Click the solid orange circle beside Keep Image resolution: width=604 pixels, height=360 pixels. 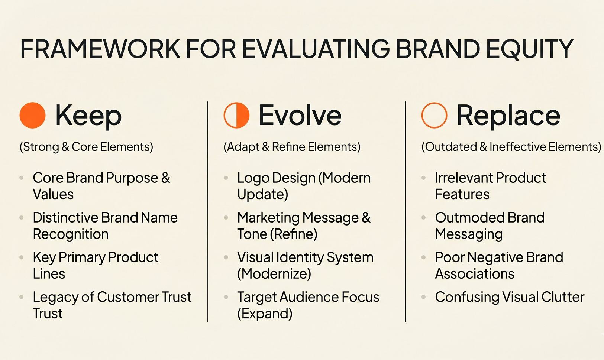click(33, 115)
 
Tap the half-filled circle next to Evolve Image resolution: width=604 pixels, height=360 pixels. click(236, 115)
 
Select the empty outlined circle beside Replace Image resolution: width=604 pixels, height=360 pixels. click(434, 115)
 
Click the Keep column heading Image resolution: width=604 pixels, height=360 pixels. click(88, 115)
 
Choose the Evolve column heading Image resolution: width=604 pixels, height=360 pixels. click(300, 115)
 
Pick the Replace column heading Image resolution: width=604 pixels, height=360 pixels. click(508, 115)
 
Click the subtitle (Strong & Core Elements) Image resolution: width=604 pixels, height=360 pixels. click(86, 147)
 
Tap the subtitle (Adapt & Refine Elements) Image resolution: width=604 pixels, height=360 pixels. click(292, 147)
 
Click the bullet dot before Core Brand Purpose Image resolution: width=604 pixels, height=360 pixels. click(22, 178)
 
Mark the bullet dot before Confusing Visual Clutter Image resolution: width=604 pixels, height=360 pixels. click(423, 297)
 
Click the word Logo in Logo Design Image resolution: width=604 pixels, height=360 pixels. click(252, 178)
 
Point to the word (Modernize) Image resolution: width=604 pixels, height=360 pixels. click(274, 274)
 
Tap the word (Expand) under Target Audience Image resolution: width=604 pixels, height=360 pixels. click(265, 314)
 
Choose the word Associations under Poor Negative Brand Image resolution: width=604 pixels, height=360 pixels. click(475, 274)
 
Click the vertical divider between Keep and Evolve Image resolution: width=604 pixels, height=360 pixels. click(208, 212)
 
